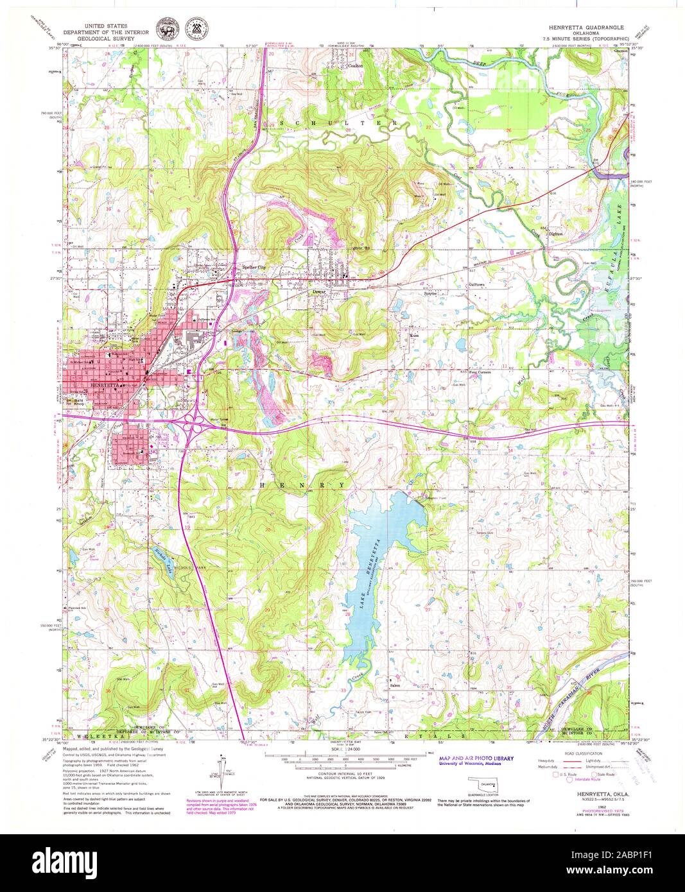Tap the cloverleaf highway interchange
pos(195,424)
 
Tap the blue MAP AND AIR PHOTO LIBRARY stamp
pos(476,759)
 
